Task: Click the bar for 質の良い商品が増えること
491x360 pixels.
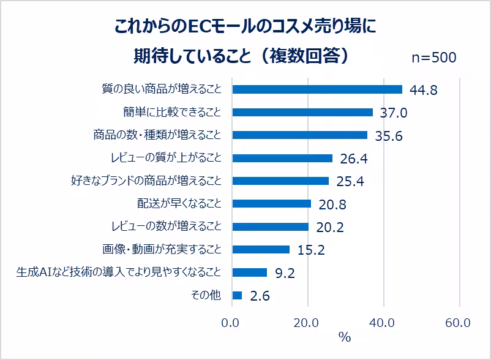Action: pos(317,89)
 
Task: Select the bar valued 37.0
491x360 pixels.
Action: pos(302,112)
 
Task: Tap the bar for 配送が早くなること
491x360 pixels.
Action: pos(272,203)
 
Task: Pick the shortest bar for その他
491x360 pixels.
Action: pos(237,295)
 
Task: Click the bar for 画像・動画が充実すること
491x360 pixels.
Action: pos(261,249)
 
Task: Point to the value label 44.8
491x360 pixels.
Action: pos(424,91)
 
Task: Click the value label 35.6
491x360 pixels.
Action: pos(388,136)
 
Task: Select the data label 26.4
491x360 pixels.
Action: pos(353,159)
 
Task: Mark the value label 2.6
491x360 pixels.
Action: pos(260,296)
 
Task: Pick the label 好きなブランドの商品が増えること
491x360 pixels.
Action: pos(146,181)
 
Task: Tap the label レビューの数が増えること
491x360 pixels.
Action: pos(165,227)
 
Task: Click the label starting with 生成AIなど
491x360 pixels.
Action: pos(118,272)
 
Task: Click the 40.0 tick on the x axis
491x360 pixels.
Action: pos(383,323)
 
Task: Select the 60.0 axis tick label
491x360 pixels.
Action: pos(458,323)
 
